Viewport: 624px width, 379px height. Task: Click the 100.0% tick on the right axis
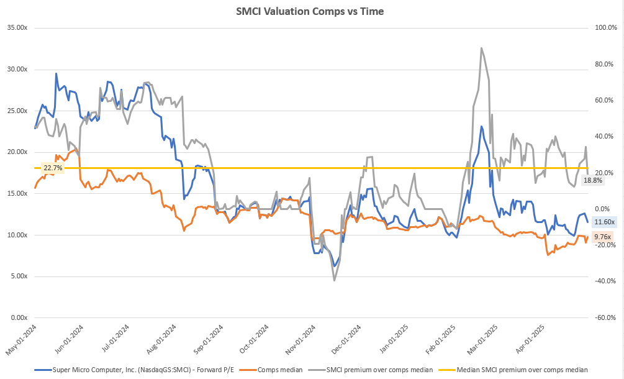point(605,28)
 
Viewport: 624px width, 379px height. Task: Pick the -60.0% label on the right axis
point(605,317)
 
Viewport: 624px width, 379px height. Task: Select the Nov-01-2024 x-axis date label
point(299,339)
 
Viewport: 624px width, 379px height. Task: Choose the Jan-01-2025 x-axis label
point(392,339)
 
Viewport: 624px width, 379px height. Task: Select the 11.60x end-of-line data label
point(604,222)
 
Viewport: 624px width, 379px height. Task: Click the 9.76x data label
point(602,237)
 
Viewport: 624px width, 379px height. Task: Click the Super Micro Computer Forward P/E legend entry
point(142,370)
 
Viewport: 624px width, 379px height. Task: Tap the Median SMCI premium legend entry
point(522,370)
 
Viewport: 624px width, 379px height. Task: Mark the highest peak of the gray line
point(481,47)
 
